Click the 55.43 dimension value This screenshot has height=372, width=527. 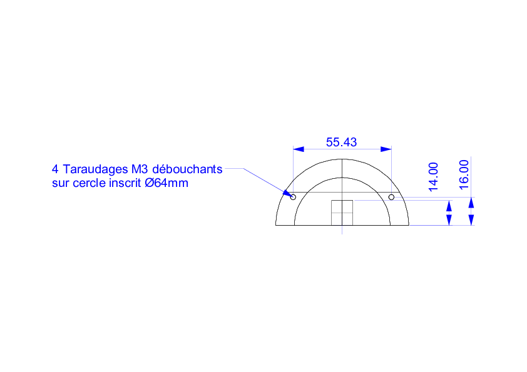341,143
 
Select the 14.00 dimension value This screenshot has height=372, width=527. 434,177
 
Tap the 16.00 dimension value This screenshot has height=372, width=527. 464,174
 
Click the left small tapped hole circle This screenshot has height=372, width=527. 293,197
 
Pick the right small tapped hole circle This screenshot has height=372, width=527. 391,197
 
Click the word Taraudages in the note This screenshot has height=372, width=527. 96,169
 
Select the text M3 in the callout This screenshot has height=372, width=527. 140,169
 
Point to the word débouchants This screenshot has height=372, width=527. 187,169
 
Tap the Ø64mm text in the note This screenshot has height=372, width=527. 166,183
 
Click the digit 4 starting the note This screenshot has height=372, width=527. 55,169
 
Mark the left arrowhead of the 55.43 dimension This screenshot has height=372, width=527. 299,149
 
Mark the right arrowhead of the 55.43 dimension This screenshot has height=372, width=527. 386,149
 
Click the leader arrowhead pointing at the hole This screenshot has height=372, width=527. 287,193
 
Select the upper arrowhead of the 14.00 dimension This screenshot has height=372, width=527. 449,206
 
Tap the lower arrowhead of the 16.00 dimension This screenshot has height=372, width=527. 471,219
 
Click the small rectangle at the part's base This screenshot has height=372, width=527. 342,213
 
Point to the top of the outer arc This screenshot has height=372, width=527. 342,159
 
